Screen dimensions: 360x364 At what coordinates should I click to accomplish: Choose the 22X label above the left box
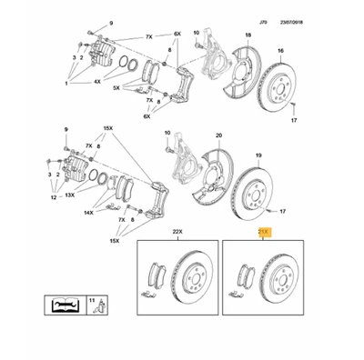(177, 233)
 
